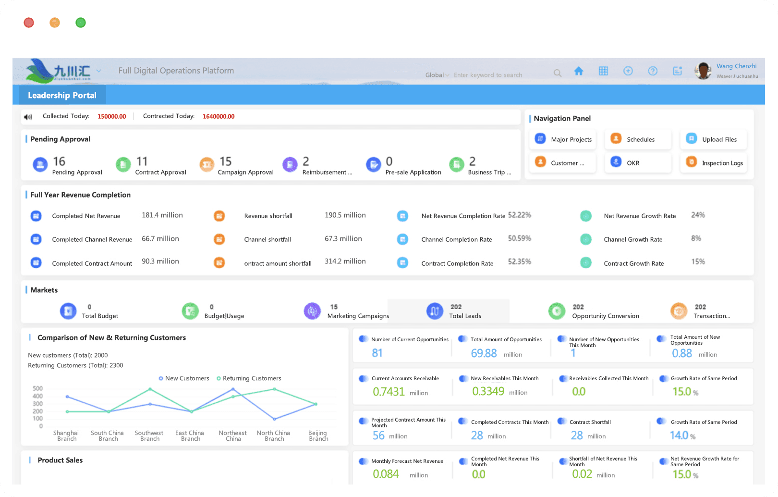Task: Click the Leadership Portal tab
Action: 62,95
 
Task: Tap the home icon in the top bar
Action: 579,71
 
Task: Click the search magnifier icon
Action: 557,73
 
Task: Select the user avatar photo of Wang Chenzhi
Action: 704,71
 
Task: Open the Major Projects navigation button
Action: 563,139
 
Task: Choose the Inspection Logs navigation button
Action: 714,162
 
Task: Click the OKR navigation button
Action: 638,162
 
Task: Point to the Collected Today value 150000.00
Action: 111,116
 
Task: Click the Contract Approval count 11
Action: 142,162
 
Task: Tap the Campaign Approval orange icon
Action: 207,164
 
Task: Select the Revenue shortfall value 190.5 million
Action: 345,215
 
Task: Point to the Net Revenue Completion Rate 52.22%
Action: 519,215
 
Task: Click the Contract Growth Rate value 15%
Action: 698,261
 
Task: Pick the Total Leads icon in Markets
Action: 435,311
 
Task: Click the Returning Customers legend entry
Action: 249,378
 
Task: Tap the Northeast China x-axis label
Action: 232,435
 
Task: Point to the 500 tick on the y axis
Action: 37,388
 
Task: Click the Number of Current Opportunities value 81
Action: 377,353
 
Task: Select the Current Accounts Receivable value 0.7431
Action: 389,392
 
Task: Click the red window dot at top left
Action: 29,23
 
